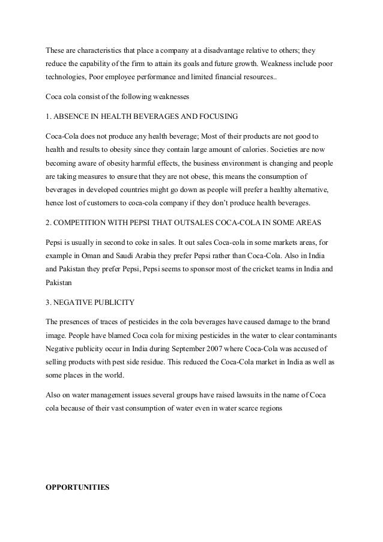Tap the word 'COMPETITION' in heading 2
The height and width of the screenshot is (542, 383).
tap(81, 223)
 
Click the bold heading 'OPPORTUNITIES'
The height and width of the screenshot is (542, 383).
tap(77, 487)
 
